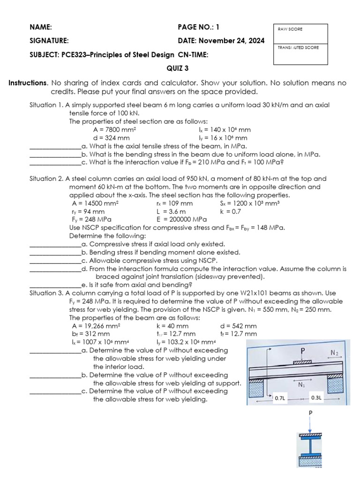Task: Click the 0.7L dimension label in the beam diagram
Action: pyautogui.click(x=280, y=398)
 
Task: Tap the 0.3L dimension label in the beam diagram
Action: pyautogui.click(x=316, y=397)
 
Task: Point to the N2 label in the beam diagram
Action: pyautogui.click(x=334, y=352)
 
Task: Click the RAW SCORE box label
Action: pyautogui.click(x=290, y=29)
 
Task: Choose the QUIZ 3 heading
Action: pyautogui.click(x=178, y=68)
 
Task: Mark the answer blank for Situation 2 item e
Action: pyautogui.click(x=55, y=285)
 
